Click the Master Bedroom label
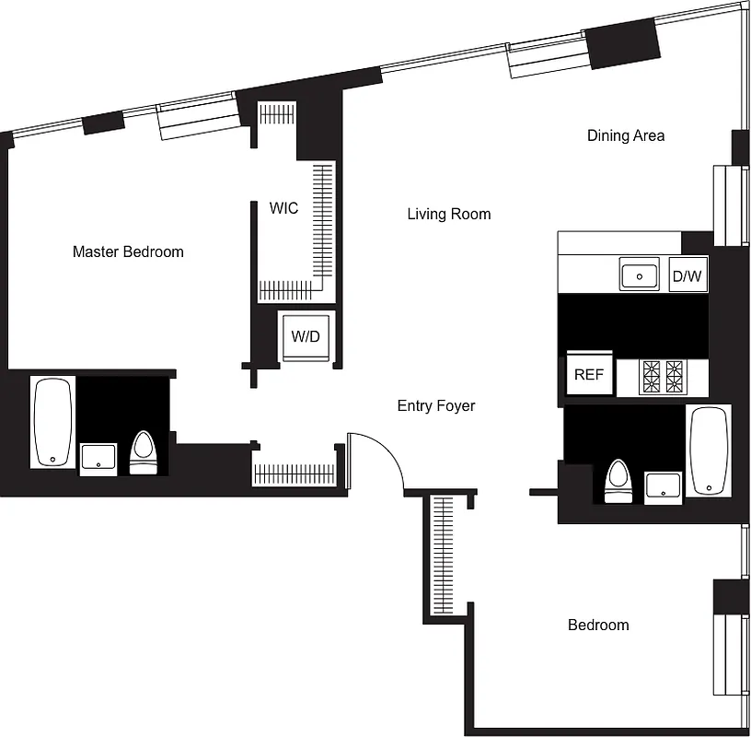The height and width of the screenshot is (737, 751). click(x=128, y=252)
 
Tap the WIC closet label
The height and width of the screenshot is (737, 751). click(x=283, y=208)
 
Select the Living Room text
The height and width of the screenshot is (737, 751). click(x=448, y=215)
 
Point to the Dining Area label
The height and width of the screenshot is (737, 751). click(x=626, y=135)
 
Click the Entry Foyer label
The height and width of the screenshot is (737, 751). click(x=436, y=405)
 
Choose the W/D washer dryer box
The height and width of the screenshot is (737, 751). click(x=306, y=336)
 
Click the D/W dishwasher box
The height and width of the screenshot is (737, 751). click(x=687, y=275)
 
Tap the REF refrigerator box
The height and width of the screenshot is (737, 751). click(x=588, y=374)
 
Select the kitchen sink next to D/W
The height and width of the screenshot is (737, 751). click(x=640, y=275)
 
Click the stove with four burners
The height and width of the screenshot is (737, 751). click(x=664, y=377)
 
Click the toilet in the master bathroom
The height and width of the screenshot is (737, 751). click(x=143, y=452)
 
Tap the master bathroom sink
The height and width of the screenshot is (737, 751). click(x=98, y=458)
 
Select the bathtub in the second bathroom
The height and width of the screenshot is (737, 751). click(x=709, y=450)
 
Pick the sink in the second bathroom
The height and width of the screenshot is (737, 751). click(x=663, y=485)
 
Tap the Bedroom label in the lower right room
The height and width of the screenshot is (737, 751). click(x=598, y=626)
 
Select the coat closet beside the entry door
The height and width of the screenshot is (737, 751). click(x=295, y=474)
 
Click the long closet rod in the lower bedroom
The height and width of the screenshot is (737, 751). click(x=444, y=556)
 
